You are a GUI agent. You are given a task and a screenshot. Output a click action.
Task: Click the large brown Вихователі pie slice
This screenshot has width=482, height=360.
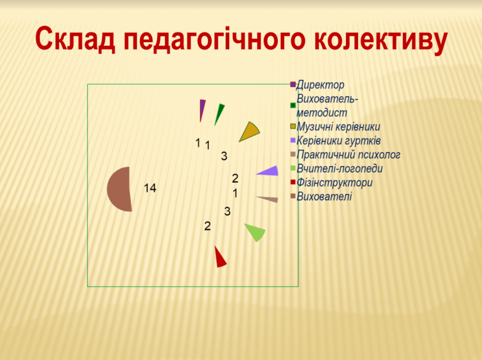click(120, 189)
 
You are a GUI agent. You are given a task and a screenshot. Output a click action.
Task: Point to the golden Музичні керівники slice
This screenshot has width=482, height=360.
click(250, 132)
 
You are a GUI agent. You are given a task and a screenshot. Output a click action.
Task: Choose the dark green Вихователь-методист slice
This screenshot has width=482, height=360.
click(220, 114)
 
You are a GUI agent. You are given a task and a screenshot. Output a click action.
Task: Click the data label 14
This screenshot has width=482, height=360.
click(150, 188)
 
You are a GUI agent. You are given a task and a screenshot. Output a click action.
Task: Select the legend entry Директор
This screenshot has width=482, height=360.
click(320, 85)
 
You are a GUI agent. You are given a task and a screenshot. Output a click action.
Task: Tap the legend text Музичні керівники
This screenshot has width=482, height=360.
click(338, 127)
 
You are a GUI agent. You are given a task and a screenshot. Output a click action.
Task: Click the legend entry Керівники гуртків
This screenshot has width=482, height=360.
click(339, 140)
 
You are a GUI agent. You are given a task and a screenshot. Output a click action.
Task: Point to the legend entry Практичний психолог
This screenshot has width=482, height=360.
click(348, 154)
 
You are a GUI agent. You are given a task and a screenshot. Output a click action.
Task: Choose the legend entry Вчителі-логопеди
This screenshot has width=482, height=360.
click(340, 169)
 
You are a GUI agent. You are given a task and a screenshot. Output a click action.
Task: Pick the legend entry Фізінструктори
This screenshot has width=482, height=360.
click(334, 183)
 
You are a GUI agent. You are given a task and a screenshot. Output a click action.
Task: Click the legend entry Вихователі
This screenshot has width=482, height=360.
click(324, 196)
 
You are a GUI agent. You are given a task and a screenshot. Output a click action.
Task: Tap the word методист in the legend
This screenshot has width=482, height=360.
click(322, 113)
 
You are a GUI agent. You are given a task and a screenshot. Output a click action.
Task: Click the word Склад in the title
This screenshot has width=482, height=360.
click(75, 39)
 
